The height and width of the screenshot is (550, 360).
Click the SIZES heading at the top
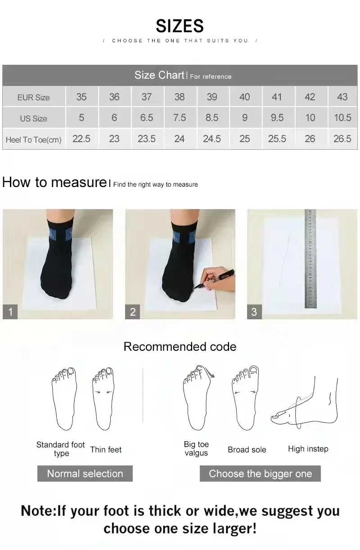(x=180, y=26)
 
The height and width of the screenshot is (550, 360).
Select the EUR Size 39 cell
(x=212, y=97)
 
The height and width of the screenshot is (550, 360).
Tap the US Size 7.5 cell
(x=179, y=118)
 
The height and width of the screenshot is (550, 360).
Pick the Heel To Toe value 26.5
(x=342, y=139)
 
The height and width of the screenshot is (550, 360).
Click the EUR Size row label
(x=33, y=97)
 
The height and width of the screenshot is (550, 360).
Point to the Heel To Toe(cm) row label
(x=33, y=139)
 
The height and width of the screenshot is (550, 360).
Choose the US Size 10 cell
(x=310, y=118)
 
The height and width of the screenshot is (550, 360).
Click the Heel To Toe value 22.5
(x=81, y=139)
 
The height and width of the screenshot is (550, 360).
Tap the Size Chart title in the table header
(x=159, y=75)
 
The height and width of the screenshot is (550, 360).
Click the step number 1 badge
(x=10, y=312)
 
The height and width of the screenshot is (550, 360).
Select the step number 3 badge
(x=254, y=312)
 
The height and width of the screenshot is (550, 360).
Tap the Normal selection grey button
(x=85, y=474)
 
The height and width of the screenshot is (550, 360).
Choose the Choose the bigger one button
(x=260, y=474)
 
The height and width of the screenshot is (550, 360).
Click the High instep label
(x=308, y=449)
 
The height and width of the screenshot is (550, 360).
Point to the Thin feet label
(x=106, y=450)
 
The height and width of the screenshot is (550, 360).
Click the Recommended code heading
(x=180, y=347)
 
